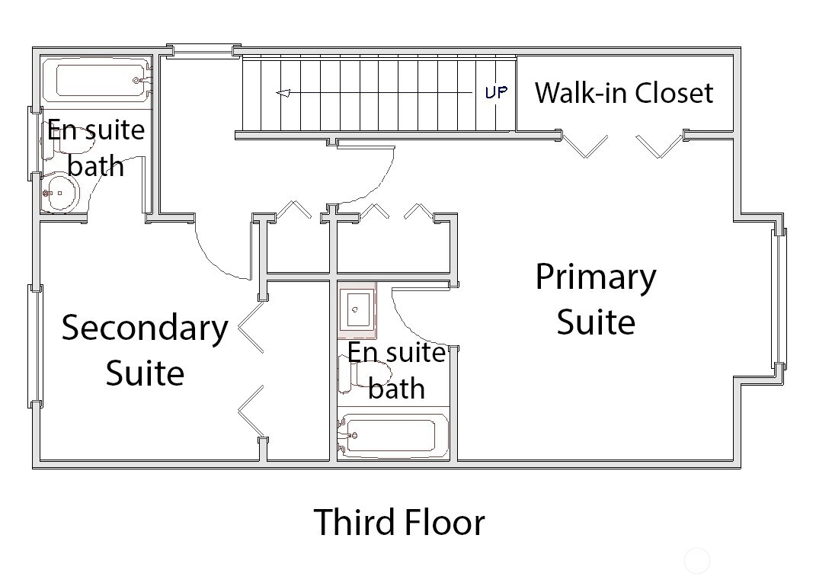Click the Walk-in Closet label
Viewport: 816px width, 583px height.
click(623, 93)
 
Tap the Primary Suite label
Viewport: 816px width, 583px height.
click(596, 299)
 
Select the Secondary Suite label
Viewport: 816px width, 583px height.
click(146, 350)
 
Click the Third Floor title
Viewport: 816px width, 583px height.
click(399, 522)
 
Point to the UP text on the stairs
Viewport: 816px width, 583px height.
click(496, 93)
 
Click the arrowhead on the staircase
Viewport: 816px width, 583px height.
click(283, 94)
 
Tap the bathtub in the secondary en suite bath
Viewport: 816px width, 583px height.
click(97, 80)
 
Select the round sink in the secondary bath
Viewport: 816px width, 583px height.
click(60, 193)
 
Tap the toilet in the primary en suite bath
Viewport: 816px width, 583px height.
click(364, 373)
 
